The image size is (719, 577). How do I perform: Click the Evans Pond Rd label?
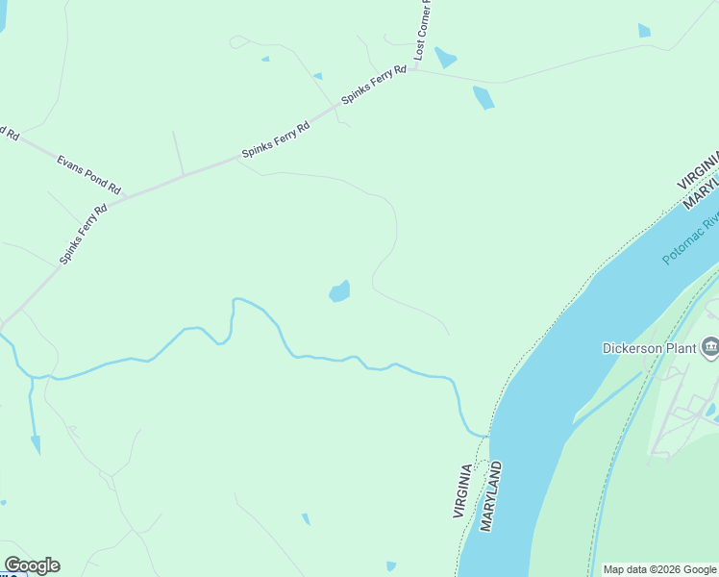point(88,174)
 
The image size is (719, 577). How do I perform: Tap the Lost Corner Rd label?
point(424,29)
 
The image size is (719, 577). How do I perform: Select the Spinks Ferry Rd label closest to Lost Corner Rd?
point(373,86)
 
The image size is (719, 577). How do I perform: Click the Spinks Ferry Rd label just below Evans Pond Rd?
point(84,233)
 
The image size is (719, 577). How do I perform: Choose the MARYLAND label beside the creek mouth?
point(492,496)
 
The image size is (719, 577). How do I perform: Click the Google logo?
point(32,565)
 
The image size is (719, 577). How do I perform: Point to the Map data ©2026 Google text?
point(659,569)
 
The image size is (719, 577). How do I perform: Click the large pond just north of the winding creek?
point(339,291)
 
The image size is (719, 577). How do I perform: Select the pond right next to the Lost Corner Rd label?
point(444,58)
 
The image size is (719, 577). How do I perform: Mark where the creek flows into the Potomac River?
point(486,436)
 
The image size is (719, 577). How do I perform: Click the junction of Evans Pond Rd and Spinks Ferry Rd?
point(126,196)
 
